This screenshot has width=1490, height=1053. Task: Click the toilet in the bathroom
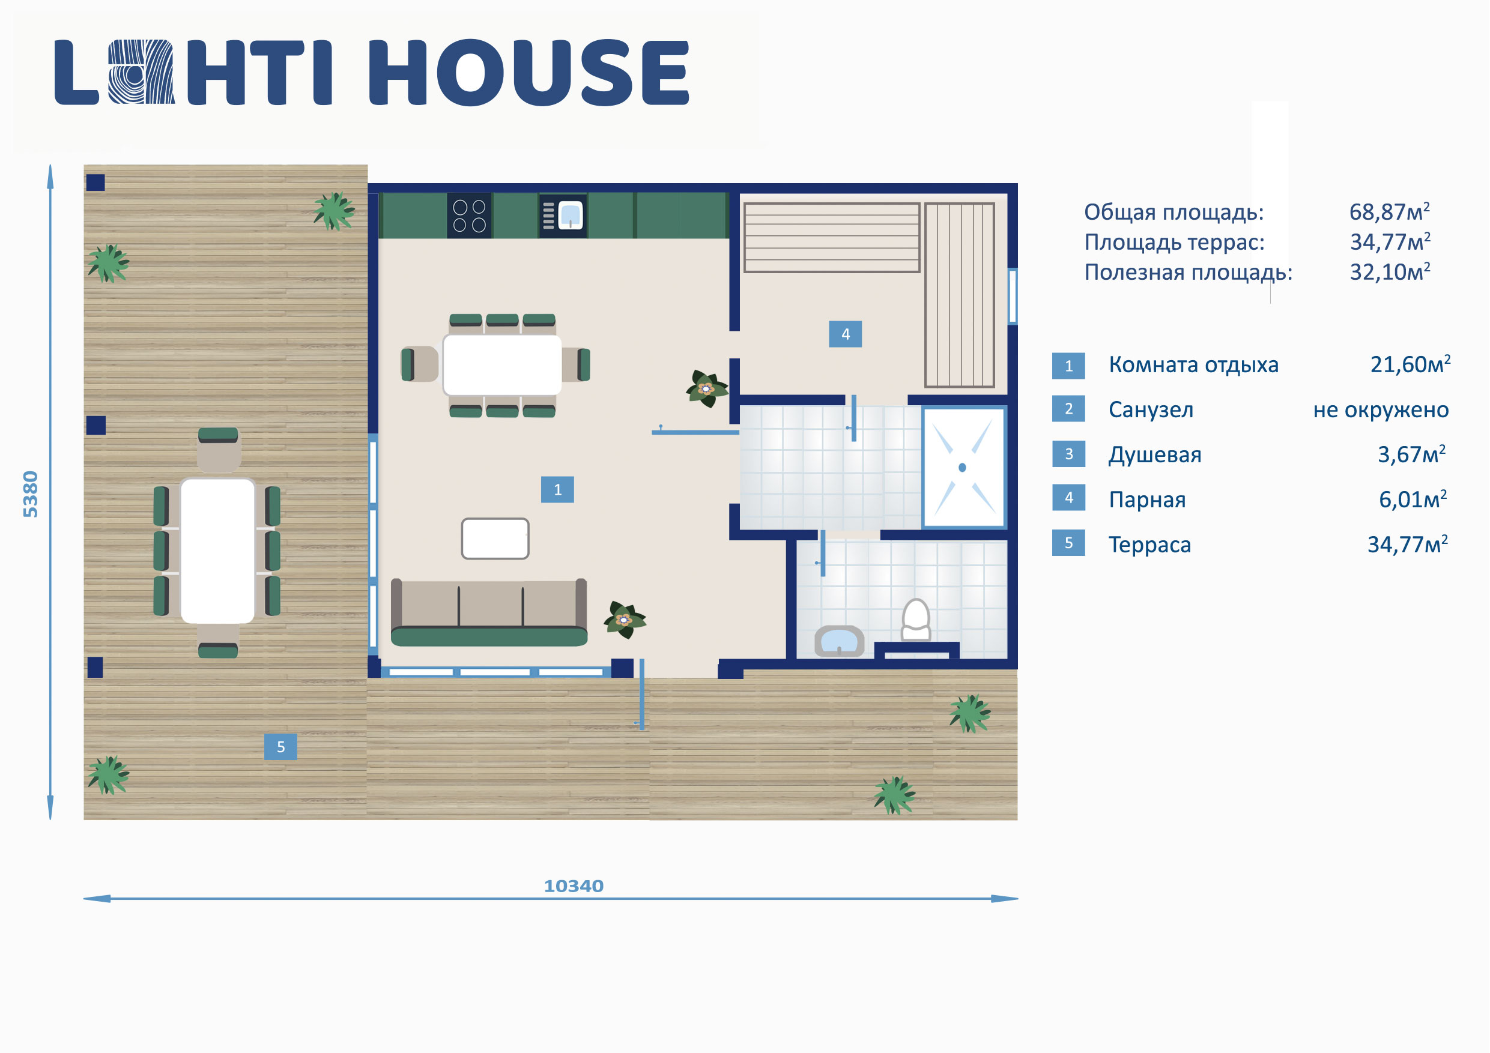coord(916,620)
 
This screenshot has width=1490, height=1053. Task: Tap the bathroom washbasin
coord(839,641)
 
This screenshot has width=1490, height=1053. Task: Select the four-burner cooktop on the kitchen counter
coord(469,216)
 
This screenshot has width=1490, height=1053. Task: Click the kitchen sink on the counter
coord(563,216)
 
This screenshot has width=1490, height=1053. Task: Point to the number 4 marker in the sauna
coord(845,334)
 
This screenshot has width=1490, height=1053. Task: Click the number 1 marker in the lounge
coord(557,490)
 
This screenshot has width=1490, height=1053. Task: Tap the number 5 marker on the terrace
coord(280,747)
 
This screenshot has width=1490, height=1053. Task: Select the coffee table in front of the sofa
coord(495,539)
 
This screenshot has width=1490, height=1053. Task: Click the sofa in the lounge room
coord(489,612)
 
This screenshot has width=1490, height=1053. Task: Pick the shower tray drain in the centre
coord(962,467)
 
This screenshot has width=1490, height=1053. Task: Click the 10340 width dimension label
coord(574,886)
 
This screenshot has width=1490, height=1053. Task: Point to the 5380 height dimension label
coord(31,495)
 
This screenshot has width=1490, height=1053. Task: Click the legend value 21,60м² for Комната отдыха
coord(1410,364)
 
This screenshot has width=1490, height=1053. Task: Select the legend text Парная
coord(1147,499)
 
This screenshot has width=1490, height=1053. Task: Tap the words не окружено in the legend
coord(1381,410)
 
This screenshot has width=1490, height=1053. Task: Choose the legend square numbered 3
coord(1068,453)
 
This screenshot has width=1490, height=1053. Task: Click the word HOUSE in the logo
coord(529,72)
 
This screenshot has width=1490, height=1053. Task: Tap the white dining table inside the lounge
coord(502,364)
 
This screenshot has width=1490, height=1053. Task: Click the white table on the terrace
coord(217,551)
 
